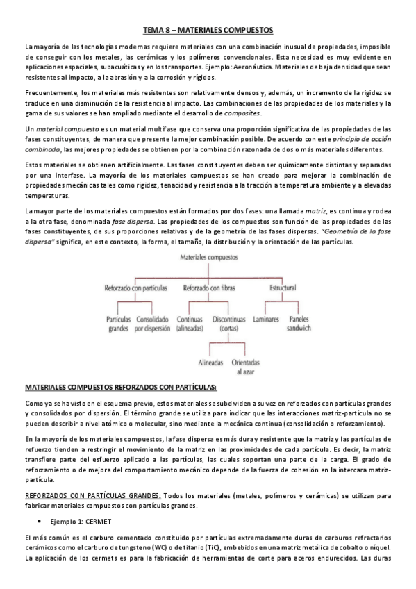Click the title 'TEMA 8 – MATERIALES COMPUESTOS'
[208, 30]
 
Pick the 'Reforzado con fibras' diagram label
[208, 287]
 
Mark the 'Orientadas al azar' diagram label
[246, 366]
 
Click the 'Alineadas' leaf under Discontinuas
[210, 362]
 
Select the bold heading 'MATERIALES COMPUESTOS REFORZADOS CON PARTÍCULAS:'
[121, 386]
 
